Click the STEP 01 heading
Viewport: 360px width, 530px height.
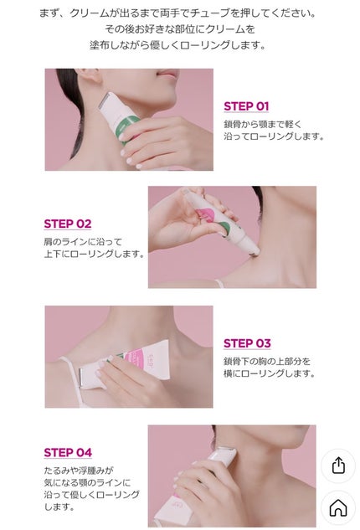(x=246, y=106)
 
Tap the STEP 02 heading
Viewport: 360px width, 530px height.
(x=68, y=224)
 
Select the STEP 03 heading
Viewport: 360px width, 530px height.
(x=247, y=343)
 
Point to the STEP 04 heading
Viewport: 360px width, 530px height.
(x=68, y=453)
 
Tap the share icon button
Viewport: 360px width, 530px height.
(x=338, y=466)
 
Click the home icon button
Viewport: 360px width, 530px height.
(x=338, y=507)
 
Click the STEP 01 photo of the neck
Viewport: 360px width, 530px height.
(x=129, y=119)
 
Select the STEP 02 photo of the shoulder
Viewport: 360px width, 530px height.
(x=232, y=237)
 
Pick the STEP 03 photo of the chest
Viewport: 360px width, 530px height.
(x=128, y=356)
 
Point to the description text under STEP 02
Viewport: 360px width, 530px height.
(x=94, y=248)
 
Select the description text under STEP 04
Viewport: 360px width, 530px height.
(x=89, y=488)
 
